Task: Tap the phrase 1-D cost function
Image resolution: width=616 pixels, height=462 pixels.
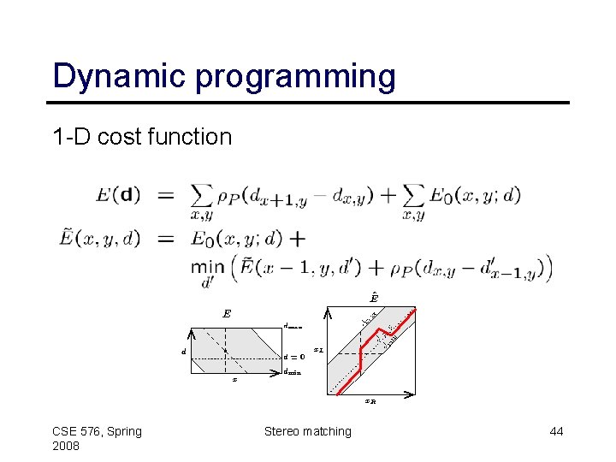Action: (x=142, y=137)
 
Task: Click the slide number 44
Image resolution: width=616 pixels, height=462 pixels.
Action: (x=556, y=431)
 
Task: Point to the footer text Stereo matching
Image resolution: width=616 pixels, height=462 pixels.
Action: (x=307, y=431)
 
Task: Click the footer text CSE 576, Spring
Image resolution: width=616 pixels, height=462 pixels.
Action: (x=97, y=431)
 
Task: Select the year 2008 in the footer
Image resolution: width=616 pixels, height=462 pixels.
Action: (x=67, y=447)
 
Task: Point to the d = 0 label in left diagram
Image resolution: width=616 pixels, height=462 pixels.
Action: (x=294, y=357)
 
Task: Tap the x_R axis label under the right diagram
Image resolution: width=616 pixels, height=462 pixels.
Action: (x=370, y=400)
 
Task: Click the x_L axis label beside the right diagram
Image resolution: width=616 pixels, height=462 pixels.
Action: (x=318, y=349)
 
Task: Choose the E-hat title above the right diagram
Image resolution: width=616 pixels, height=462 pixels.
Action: (x=374, y=298)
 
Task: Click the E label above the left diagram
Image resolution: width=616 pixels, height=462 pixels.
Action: (x=227, y=314)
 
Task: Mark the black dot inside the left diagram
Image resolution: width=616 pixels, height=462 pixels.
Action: (x=225, y=351)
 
